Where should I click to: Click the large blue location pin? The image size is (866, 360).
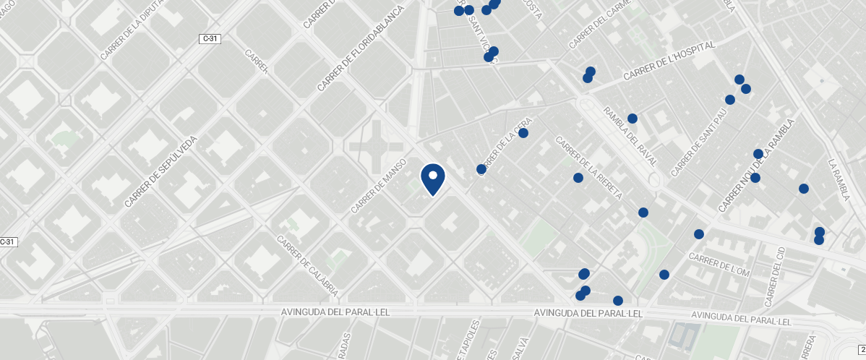tap(433, 179)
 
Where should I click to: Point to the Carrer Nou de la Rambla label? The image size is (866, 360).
tap(756, 166)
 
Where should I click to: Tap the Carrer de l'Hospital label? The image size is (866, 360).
tap(669, 61)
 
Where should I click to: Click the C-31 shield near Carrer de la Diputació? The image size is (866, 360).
tap(210, 38)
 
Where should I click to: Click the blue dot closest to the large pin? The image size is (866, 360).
tap(481, 169)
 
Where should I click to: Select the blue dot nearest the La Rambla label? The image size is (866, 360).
tap(803, 189)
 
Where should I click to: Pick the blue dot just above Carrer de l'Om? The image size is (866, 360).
tap(699, 234)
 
